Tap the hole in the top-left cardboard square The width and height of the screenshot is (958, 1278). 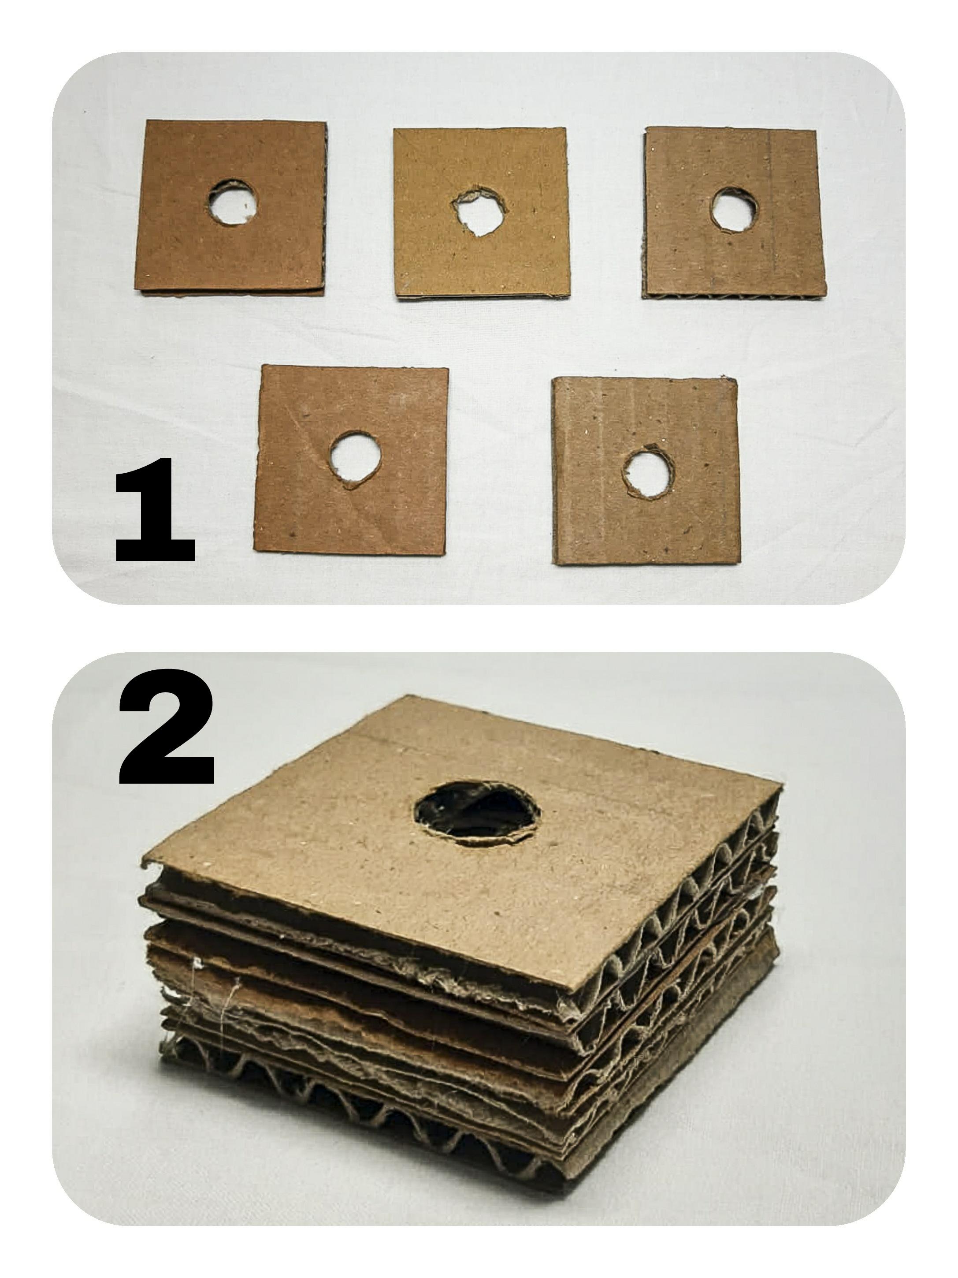232,202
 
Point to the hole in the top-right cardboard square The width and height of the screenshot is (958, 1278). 734,210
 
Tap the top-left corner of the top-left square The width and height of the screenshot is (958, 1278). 147,120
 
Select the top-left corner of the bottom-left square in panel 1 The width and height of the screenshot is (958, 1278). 262,365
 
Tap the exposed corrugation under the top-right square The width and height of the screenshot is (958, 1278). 733,296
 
